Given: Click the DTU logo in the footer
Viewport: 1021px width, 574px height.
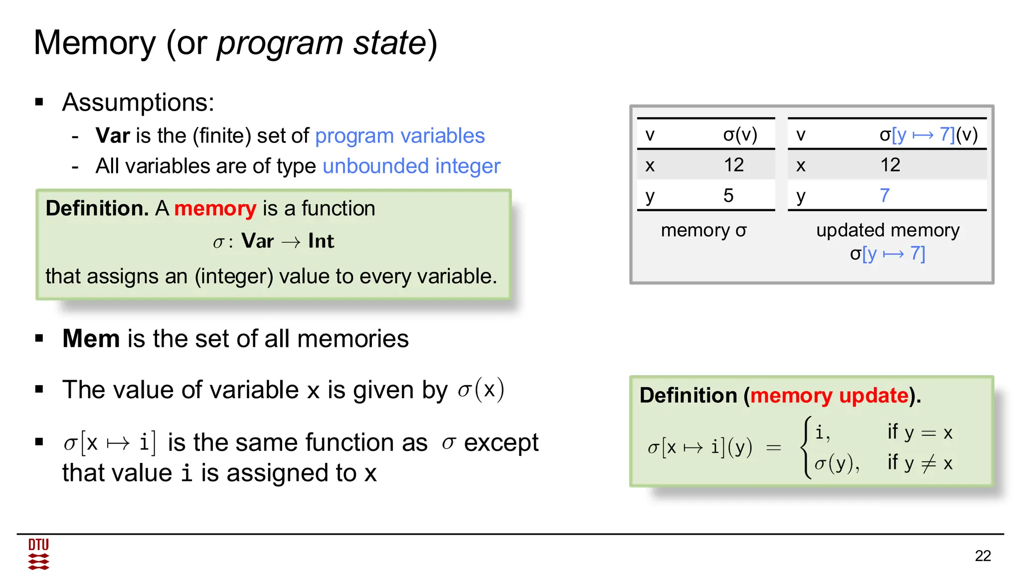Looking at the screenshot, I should (38, 554).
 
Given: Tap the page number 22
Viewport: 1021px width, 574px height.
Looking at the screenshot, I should (983, 556).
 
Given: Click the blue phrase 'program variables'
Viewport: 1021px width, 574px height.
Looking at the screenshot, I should (399, 136).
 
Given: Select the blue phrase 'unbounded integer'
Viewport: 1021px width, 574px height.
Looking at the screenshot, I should (411, 166).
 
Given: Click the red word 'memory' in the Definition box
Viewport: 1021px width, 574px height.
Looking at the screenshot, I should (215, 208).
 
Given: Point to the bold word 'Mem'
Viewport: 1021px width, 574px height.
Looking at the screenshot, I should (91, 339).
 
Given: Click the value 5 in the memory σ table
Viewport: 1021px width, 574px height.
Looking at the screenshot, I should (728, 195).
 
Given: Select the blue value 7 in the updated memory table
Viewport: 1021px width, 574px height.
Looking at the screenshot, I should (884, 195).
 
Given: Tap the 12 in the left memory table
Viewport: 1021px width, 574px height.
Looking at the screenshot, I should (734, 165).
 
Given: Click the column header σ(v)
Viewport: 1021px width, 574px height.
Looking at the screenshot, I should (740, 135).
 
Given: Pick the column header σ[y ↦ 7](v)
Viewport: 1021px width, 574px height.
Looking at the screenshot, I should (928, 135).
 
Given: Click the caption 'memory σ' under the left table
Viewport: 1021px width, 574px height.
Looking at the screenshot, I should (703, 230).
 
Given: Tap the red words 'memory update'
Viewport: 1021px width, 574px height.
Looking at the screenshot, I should (829, 396).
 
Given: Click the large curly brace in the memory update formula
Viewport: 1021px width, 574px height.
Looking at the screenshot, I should (806, 447).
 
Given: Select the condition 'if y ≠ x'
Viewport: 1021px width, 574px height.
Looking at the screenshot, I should (920, 463).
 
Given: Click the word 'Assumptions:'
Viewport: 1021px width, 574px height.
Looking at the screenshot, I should (138, 103).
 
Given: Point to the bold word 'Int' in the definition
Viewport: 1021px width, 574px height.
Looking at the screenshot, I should (321, 241).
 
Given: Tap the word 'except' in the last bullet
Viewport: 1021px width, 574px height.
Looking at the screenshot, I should (501, 442).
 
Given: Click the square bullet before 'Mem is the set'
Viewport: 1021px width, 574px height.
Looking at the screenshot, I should (39, 339).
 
